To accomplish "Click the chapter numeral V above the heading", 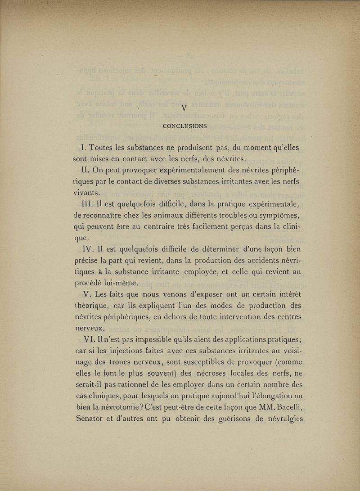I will pyautogui.click(x=184, y=108).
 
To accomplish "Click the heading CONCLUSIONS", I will pyautogui.click(x=184, y=126).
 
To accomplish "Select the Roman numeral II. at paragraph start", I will pyautogui.click(x=85, y=170).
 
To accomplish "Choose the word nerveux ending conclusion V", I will pyautogui.click(x=90, y=329).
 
